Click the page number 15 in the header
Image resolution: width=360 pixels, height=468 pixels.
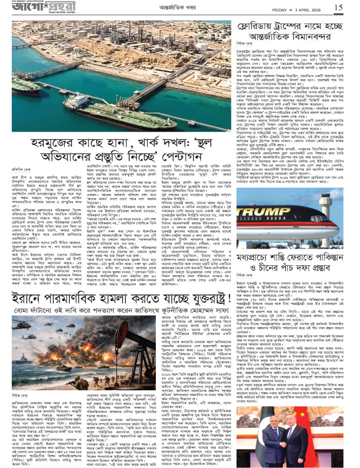point(338,7)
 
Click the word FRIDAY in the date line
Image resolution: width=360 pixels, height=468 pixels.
point(282,8)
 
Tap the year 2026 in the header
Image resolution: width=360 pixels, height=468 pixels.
point(319,8)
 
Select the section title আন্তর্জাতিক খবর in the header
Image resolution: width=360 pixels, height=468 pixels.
point(180,8)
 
